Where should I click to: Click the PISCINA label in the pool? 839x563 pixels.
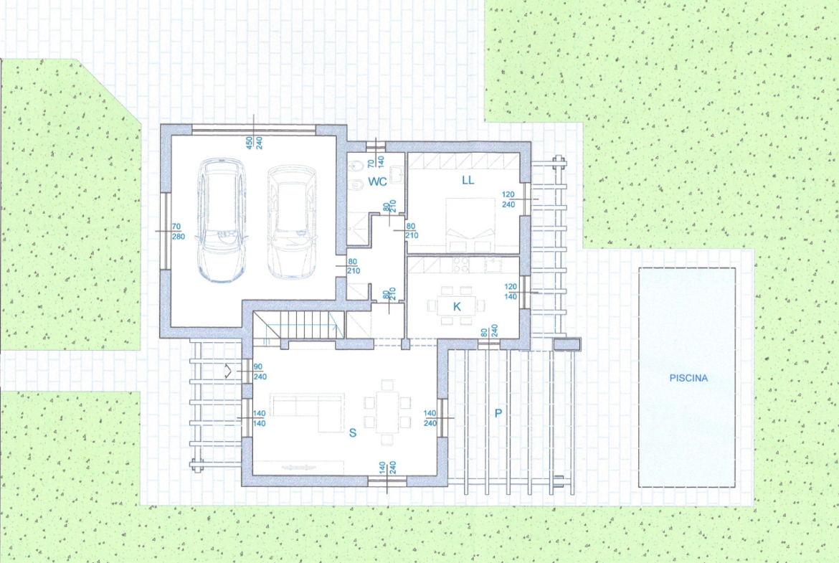pos(688,378)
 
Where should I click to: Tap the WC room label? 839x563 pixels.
pos(377,182)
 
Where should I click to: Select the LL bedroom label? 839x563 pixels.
pos(468,180)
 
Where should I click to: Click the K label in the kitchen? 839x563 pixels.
pos(457,306)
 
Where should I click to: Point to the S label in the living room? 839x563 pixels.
pos(353,432)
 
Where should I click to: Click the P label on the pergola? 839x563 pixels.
pos(498,412)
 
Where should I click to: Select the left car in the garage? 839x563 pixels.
pos(222,220)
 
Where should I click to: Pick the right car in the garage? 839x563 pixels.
pos(292,222)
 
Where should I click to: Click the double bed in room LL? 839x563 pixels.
pos(470,224)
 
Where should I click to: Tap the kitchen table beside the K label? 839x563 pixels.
pos(456,306)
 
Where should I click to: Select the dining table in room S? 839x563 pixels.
pos(387,412)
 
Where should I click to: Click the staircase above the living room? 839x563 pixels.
pos(298,325)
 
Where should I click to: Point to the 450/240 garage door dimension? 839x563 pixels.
pos(254,142)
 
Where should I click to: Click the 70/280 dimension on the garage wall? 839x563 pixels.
pos(177,231)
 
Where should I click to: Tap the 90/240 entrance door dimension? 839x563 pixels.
pos(260,372)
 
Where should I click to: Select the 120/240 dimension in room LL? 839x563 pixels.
pos(508,199)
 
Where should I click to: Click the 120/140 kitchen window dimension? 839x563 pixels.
pos(511,292)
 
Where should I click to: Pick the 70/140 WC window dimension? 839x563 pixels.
pos(376,159)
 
